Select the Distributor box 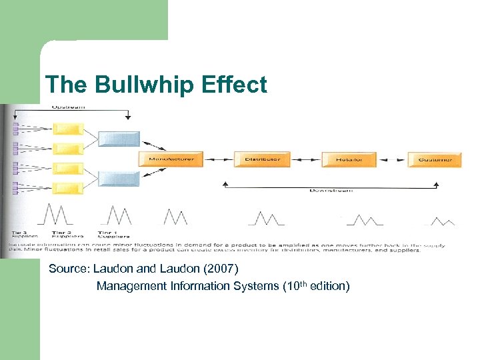261,159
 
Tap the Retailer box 349,159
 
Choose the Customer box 434,159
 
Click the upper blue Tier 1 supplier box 119,139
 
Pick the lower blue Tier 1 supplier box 119,178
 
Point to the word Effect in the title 239,85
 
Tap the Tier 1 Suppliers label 113,234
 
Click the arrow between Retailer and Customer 393,159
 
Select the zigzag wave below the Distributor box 267,218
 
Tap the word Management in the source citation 131,286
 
